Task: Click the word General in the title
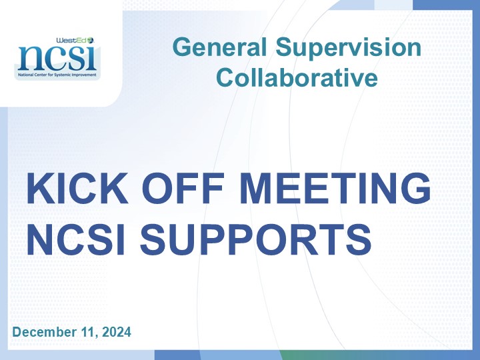(x=219, y=47)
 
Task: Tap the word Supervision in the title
(x=349, y=49)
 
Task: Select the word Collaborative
(x=297, y=77)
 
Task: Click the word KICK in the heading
(x=77, y=188)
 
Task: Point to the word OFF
(x=183, y=188)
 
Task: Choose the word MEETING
(x=335, y=188)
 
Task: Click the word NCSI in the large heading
(x=76, y=239)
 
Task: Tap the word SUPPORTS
(x=255, y=239)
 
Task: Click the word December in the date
(x=45, y=332)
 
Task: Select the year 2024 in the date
(x=116, y=332)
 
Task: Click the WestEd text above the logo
(x=71, y=40)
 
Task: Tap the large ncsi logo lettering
(x=57, y=58)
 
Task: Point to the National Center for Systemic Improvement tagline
(x=57, y=75)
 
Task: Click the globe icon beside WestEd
(x=91, y=40)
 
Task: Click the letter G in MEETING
(x=415, y=188)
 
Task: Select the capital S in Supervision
(x=285, y=47)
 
